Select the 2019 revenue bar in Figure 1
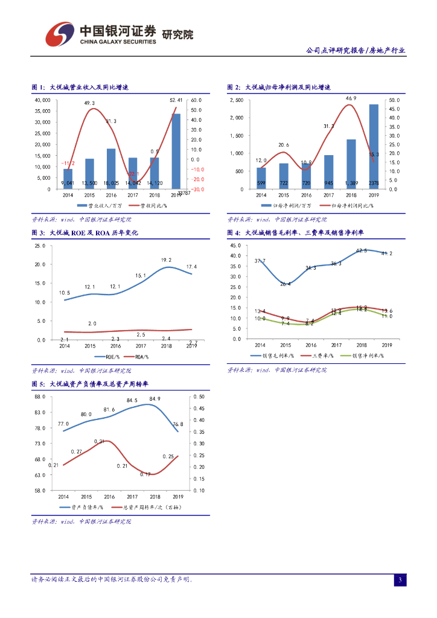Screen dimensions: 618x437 tap(176, 151)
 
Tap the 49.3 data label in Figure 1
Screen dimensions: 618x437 tap(89, 103)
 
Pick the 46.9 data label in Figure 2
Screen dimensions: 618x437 tap(351, 98)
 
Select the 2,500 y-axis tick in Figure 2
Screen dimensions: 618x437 tap(237, 100)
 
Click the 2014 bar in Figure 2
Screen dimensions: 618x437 tap(261, 178)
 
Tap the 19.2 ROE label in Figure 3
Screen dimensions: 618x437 tap(166, 260)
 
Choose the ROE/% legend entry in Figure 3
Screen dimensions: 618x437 tap(112, 357)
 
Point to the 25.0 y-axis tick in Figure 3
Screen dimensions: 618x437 tap(40, 246)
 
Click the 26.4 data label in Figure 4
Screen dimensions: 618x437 tap(285, 284)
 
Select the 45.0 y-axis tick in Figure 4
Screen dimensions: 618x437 tap(236, 246)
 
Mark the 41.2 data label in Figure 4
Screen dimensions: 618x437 tap(386, 253)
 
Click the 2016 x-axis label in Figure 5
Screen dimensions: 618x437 tap(109, 496)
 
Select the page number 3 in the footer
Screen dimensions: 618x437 tap(400, 580)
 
